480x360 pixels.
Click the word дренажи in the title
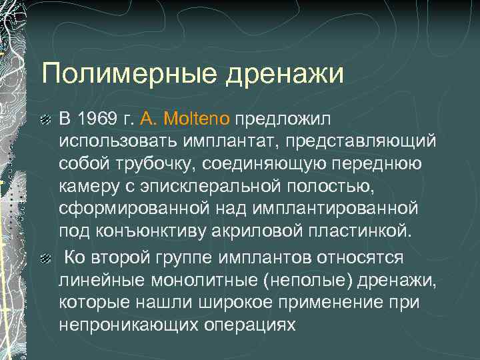[x=285, y=73]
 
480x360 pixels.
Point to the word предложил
[x=283, y=119]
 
